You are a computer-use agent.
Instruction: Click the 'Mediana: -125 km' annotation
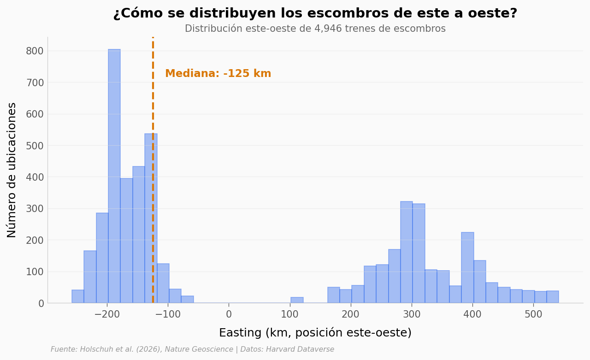[x=218, y=74]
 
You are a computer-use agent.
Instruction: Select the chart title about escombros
[x=315, y=13]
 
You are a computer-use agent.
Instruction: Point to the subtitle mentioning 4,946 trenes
[x=315, y=29]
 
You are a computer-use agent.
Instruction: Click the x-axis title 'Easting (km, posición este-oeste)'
[x=315, y=333]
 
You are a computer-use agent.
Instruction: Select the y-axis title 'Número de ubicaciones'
[x=12, y=170]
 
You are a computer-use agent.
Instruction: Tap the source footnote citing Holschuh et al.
[x=192, y=349]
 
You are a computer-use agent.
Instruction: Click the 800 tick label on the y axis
[x=35, y=51]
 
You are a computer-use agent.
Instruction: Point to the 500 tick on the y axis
[x=35, y=146]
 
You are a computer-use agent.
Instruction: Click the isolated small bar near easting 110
[x=297, y=300]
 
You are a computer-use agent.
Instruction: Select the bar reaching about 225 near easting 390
[x=467, y=267]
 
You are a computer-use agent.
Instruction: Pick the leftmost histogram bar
[x=78, y=296]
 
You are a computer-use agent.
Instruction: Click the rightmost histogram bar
[x=553, y=297]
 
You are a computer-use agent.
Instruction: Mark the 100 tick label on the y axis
[x=35, y=271]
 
